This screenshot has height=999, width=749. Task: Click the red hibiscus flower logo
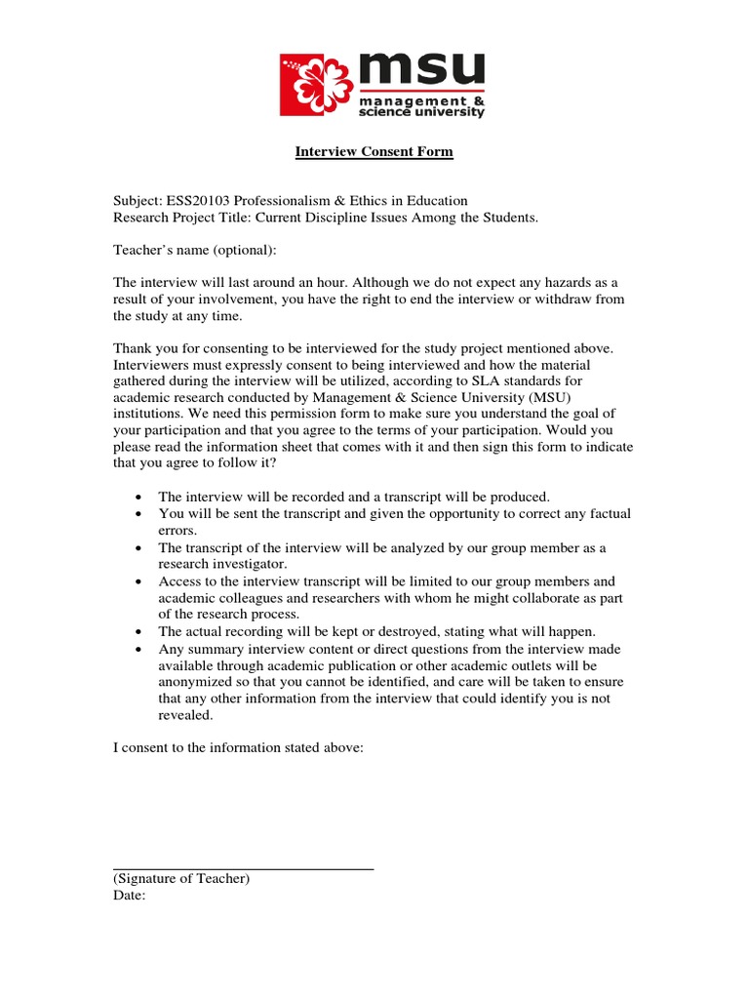tap(318, 86)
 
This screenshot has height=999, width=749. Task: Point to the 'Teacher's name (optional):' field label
tap(195, 250)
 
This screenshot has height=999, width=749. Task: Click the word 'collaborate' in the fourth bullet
tap(520, 597)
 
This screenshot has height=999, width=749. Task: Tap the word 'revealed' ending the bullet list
tap(184, 715)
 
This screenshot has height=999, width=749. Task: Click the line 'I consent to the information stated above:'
tap(238, 747)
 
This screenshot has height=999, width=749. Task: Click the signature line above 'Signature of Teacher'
tap(243, 867)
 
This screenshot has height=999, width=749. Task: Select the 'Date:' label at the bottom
tap(129, 895)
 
